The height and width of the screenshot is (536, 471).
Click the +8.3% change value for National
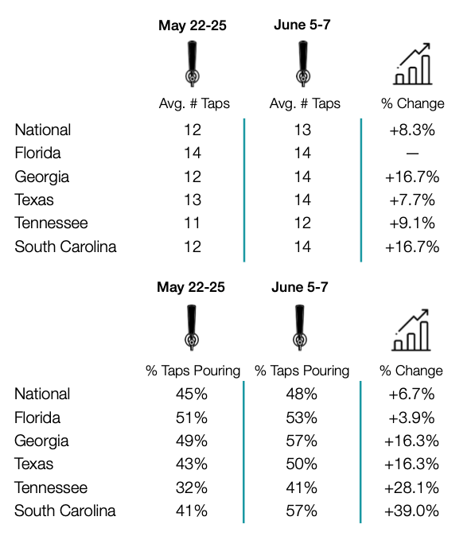(x=412, y=130)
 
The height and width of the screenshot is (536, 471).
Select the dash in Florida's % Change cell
(x=412, y=153)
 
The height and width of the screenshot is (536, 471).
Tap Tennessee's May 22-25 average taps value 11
(x=192, y=223)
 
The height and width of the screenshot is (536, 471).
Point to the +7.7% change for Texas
(x=412, y=200)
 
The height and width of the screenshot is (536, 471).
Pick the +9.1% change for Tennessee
(x=412, y=223)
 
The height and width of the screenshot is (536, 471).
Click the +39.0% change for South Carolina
(x=411, y=511)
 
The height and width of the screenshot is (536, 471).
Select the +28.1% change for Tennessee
(x=411, y=487)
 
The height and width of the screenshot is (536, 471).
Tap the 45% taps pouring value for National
(x=192, y=394)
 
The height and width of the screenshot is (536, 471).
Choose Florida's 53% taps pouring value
(x=302, y=418)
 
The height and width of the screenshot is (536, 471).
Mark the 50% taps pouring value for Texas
(x=302, y=464)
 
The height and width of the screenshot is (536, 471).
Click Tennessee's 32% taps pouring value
(x=192, y=487)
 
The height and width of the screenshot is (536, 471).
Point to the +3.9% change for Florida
(x=411, y=418)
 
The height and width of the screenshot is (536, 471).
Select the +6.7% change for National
(x=411, y=394)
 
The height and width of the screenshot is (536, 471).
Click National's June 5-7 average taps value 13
(x=302, y=130)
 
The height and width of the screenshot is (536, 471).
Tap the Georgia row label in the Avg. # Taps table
(x=41, y=177)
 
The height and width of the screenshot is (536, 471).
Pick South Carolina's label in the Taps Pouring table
(x=65, y=511)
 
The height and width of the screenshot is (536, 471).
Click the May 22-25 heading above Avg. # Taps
(x=193, y=25)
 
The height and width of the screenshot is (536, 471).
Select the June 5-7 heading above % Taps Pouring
(x=300, y=287)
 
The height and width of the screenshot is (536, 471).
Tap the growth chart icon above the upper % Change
(x=412, y=64)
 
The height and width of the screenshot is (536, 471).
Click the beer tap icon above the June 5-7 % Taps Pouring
(x=300, y=328)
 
